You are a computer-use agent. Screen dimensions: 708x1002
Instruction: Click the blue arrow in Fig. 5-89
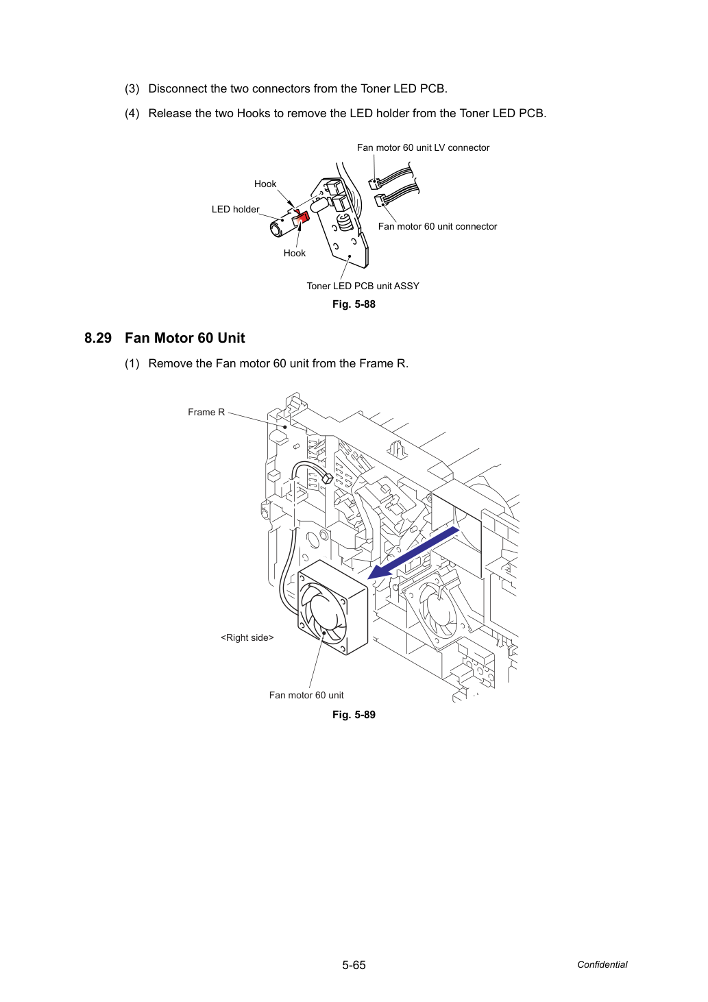[414, 552]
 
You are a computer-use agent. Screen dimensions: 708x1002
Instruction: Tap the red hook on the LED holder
[301, 219]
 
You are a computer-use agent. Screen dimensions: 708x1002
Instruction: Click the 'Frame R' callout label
[206, 412]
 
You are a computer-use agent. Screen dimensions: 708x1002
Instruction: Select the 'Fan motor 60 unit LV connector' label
[423, 147]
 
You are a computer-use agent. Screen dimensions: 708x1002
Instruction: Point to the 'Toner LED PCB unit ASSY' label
[363, 286]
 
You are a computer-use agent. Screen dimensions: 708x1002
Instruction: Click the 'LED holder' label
[235, 209]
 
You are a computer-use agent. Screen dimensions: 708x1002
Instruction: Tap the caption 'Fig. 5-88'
[354, 304]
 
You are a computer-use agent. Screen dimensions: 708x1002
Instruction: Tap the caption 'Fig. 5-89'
[354, 714]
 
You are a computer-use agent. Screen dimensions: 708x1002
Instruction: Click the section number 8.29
[98, 338]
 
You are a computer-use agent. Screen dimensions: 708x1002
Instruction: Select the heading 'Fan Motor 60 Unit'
[185, 338]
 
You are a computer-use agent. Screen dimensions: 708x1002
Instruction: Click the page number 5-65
[354, 965]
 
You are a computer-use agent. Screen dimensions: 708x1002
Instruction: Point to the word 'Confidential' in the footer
[602, 964]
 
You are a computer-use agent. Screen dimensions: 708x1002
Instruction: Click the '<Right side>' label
[247, 637]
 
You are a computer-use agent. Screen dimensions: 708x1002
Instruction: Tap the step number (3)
[132, 88]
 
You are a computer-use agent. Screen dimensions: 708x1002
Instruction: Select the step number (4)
[132, 113]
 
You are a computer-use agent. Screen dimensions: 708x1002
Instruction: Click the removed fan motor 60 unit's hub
[323, 612]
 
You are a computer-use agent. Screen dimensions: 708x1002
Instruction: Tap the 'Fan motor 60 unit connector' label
[437, 226]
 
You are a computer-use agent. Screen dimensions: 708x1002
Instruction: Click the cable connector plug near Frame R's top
[326, 478]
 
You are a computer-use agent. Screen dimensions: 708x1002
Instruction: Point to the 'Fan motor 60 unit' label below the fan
[306, 695]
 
